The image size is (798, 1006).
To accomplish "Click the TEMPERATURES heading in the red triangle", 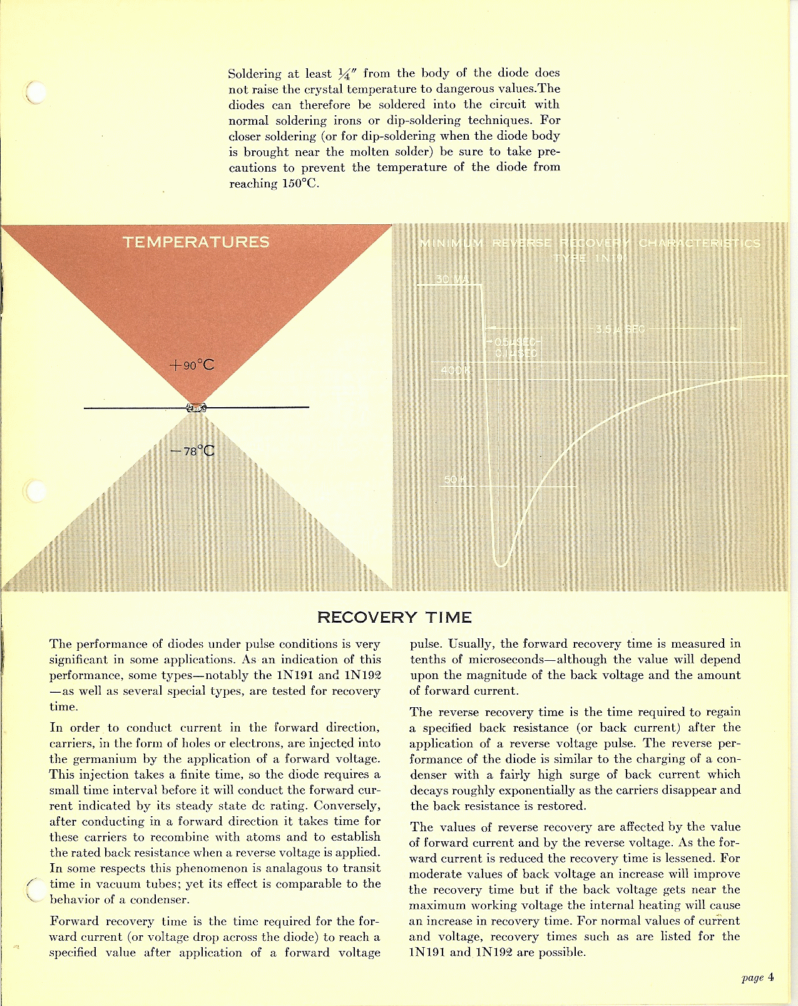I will tap(196, 242).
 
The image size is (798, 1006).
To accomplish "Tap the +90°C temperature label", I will tap(192, 365).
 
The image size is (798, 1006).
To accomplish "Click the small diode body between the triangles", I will tap(197, 408).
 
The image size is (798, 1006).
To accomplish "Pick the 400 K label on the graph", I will tap(455, 370).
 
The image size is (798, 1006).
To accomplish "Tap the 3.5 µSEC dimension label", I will tap(620, 329).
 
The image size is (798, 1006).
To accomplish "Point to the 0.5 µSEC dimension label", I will tap(514, 343).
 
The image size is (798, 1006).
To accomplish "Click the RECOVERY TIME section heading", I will tap(394, 618).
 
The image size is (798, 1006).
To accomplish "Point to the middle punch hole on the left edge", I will tap(37, 490).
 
